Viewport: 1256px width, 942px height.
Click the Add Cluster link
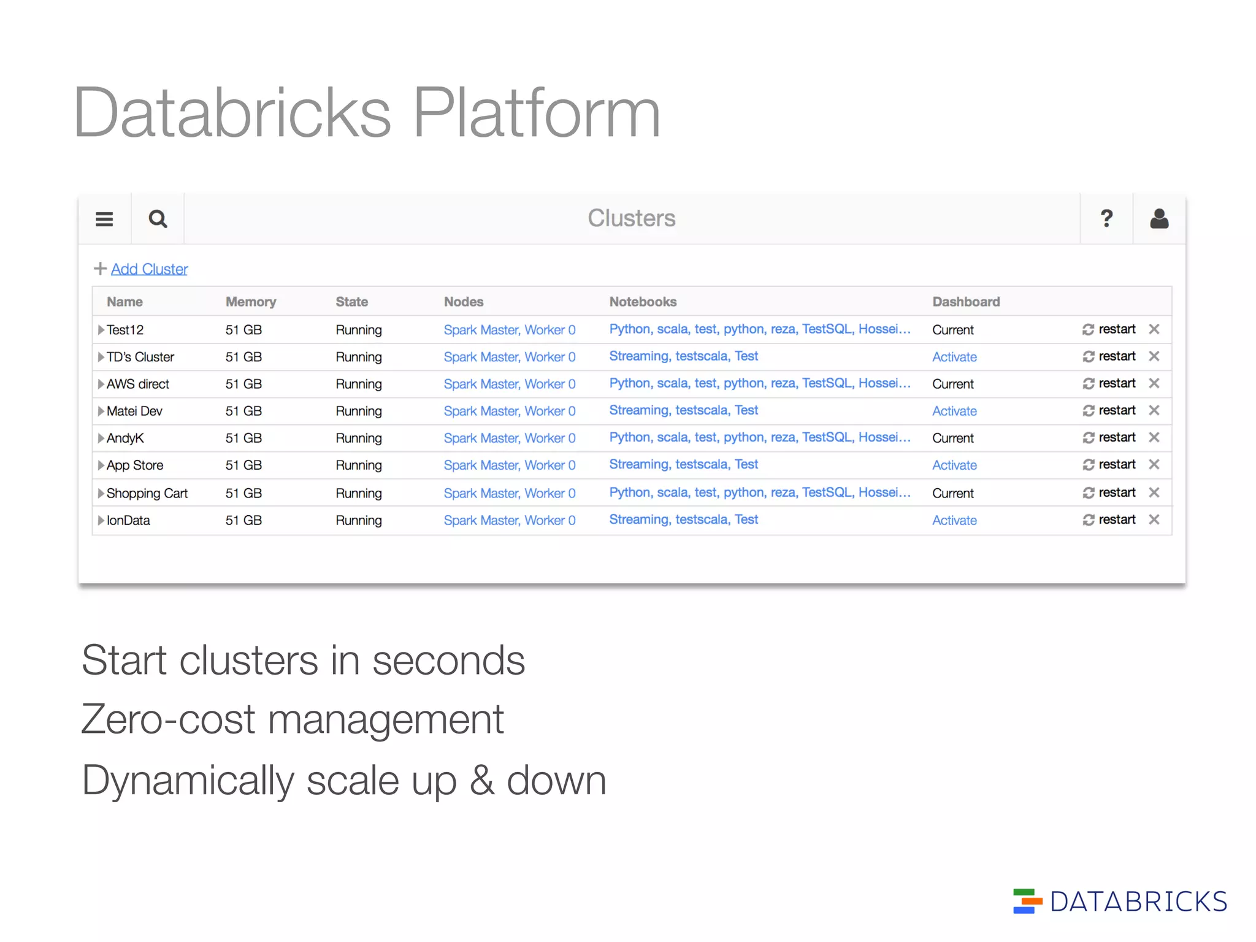[x=149, y=269]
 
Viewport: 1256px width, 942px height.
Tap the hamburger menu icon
[x=104, y=219]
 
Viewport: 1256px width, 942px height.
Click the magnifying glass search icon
[x=158, y=219]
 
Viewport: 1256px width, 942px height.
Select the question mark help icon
[x=1106, y=218]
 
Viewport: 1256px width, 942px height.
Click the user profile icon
[x=1158, y=218]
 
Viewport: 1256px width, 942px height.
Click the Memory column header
[x=250, y=302]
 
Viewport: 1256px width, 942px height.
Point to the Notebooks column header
[x=643, y=302]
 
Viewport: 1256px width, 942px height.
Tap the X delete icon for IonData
[x=1154, y=519]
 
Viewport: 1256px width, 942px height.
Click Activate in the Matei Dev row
[x=954, y=411]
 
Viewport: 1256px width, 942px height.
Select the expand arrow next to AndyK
[x=101, y=438]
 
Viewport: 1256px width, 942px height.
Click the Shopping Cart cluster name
[x=147, y=493]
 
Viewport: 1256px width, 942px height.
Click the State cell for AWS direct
[x=359, y=384]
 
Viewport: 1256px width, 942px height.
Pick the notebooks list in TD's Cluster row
[x=683, y=356]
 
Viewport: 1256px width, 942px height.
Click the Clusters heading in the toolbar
[x=631, y=218]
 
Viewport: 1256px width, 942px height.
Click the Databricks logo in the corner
[x=1120, y=902]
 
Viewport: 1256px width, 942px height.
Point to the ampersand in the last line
[x=482, y=781]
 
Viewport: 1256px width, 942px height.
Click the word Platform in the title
[x=537, y=113]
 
